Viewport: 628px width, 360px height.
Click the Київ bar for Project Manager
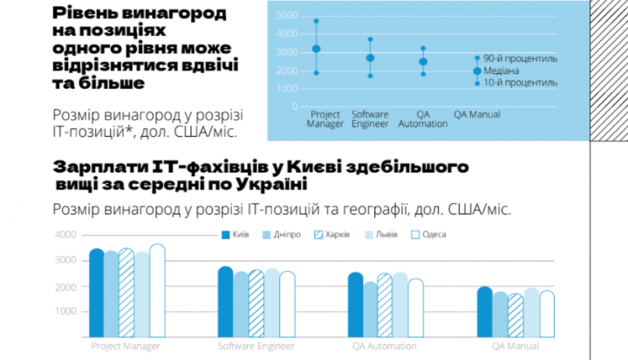[97, 288]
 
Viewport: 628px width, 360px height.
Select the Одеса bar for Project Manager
[157, 288]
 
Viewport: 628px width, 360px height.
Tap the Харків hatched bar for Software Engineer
[256, 301]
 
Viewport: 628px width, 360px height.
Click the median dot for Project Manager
[316, 49]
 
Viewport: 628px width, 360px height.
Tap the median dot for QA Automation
[423, 62]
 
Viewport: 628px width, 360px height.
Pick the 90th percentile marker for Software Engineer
[370, 39]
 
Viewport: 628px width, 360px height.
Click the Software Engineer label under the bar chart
[256, 346]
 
